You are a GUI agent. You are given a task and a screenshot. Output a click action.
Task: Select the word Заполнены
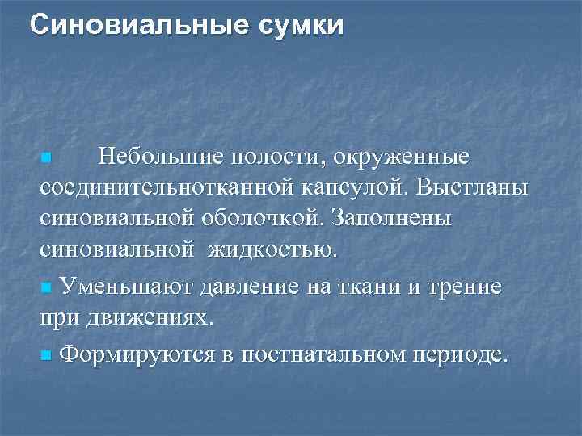click(396, 219)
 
